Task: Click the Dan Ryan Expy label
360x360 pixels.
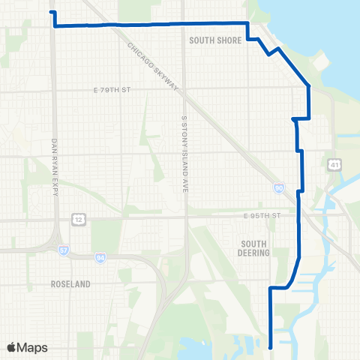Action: point(55,168)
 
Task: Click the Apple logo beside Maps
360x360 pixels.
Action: point(12,347)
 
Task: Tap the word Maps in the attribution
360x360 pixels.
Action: point(32,347)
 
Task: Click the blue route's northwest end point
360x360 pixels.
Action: point(51,12)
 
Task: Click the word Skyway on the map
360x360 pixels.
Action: point(166,79)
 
